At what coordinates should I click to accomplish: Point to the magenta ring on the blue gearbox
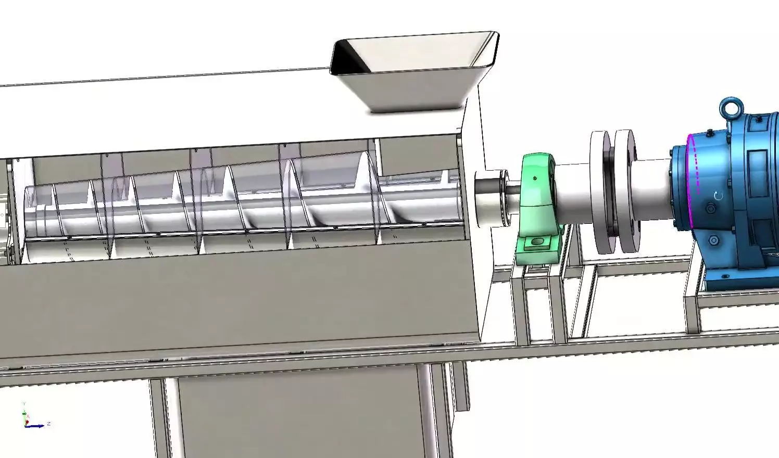pos(694,167)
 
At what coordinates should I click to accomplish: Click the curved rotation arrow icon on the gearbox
pos(719,196)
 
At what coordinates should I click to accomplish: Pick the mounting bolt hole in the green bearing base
pos(536,242)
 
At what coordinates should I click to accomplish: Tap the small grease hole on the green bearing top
pos(536,178)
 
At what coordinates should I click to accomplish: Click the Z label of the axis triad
pos(48,424)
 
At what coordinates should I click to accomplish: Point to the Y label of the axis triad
pos(24,404)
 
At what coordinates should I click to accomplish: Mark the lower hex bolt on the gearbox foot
pos(714,240)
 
